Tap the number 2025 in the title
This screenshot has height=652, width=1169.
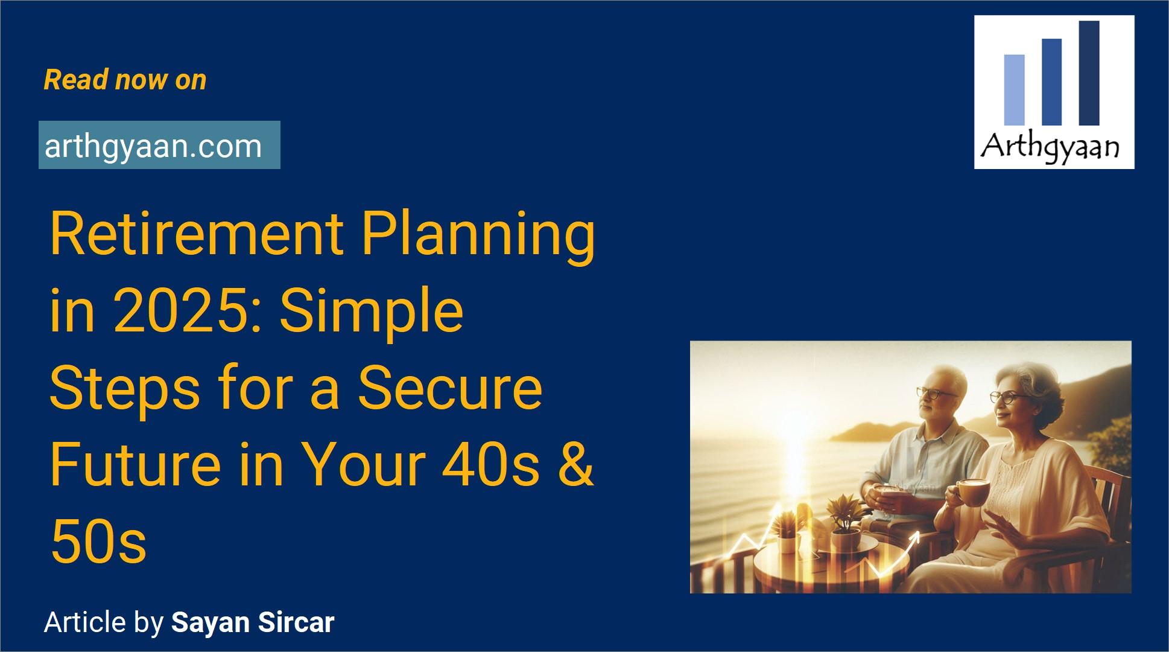(x=187, y=311)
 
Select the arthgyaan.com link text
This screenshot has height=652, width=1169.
(x=153, y=146)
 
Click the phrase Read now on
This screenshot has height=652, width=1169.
(x=125, y=80)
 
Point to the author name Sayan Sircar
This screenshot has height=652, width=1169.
(x=253, y=622)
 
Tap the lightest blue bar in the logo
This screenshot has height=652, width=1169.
(x=1014, y=89)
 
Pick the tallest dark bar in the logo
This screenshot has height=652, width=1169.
(x=1089, y=72)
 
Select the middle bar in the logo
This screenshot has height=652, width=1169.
(x=1051, y=81)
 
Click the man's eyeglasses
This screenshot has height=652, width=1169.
(x=936, y=392)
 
